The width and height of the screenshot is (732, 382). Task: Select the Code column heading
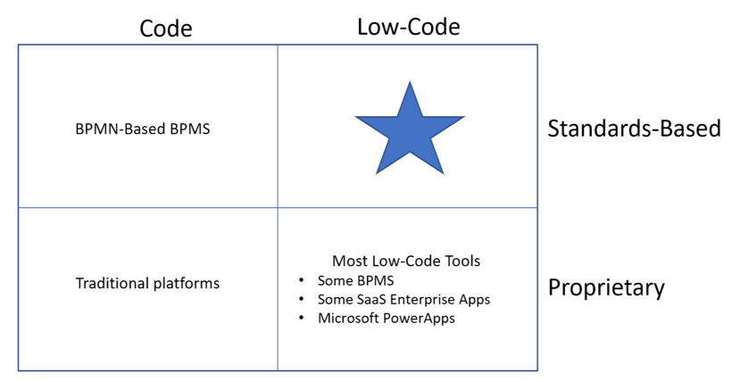click(166, 29)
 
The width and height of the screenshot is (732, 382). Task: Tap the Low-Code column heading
click(409, 27)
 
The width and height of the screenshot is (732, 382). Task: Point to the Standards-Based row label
click(634, 129)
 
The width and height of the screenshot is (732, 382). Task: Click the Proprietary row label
click(606, 287)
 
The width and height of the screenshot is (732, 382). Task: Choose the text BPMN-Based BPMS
click(143, 129)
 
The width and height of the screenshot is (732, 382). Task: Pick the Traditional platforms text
click(147, 283)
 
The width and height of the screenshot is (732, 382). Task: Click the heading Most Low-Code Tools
click(406, 261)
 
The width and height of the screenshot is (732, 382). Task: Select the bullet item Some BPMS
click(355, 280)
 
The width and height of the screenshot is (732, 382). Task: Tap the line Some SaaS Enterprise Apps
click(403, 299)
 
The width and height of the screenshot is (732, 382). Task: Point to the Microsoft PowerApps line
click(387, 318)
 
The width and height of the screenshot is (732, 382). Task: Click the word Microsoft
click(348, 318)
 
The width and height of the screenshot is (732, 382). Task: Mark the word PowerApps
click(419, 319)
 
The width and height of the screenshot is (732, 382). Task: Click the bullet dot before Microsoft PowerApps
click(302, 318)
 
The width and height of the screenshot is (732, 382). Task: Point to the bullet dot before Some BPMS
click(302, 280)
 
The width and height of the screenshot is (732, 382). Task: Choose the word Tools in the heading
click(462, 261)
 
